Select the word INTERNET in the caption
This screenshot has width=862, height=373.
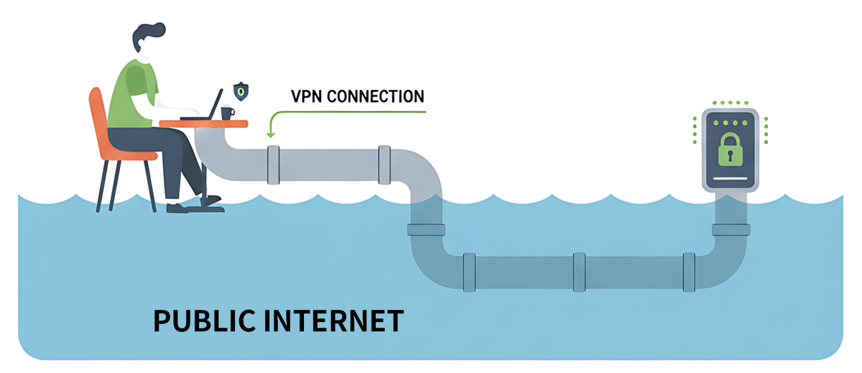344,321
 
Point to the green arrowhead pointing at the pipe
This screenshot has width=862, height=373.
271,133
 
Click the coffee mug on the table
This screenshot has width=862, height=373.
227,113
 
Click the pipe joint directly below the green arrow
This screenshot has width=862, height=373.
273,165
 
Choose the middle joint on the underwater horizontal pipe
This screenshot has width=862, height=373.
579,272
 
